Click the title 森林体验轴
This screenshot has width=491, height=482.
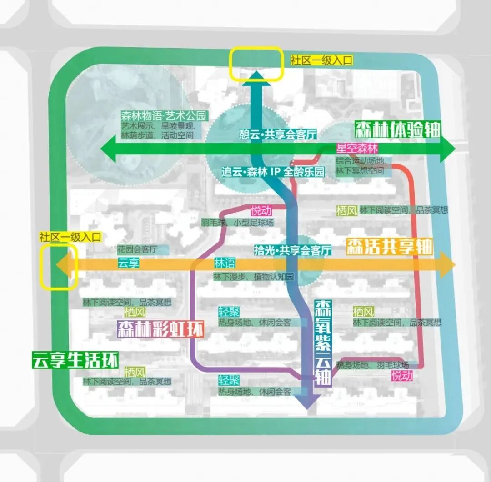pos(396,130)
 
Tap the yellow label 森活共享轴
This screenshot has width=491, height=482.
pos(389,247)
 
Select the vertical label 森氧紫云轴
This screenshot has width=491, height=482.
pos(323,343)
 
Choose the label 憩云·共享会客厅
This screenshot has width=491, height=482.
pos(278,134)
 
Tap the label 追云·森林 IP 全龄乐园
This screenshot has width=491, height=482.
pos(274,173)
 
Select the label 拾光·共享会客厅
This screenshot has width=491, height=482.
pos(293,250)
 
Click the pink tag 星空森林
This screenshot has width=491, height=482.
pos(357,148)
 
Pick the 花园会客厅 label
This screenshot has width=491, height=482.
pos(137,249)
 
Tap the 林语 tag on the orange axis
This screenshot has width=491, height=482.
pos(224,264)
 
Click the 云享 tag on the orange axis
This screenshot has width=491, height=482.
pos(129,263)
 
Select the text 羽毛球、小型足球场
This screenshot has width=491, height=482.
pos(238,223)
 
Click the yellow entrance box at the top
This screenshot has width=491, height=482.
pos(256,64)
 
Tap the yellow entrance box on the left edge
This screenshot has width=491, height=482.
pos(58,267)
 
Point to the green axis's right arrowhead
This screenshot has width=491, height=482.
pos(448,150)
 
